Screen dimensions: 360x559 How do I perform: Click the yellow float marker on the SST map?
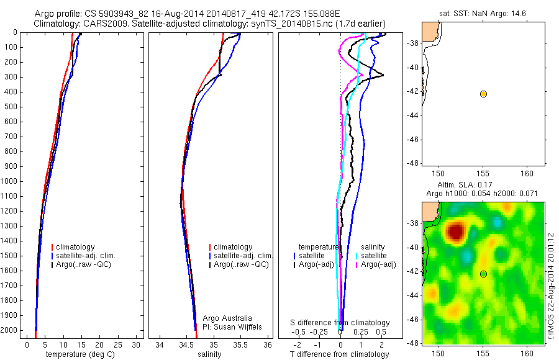[483, 94]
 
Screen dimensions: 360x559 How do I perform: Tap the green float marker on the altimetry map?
[483, 274]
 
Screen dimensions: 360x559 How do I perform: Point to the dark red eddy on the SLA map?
[456, 232]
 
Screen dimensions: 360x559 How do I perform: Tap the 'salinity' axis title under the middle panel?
[209, 354]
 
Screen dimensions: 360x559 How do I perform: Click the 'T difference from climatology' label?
[339, 354]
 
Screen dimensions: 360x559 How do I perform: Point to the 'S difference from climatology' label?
[340, 323]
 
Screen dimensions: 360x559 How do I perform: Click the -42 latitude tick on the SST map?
[413, 94]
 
